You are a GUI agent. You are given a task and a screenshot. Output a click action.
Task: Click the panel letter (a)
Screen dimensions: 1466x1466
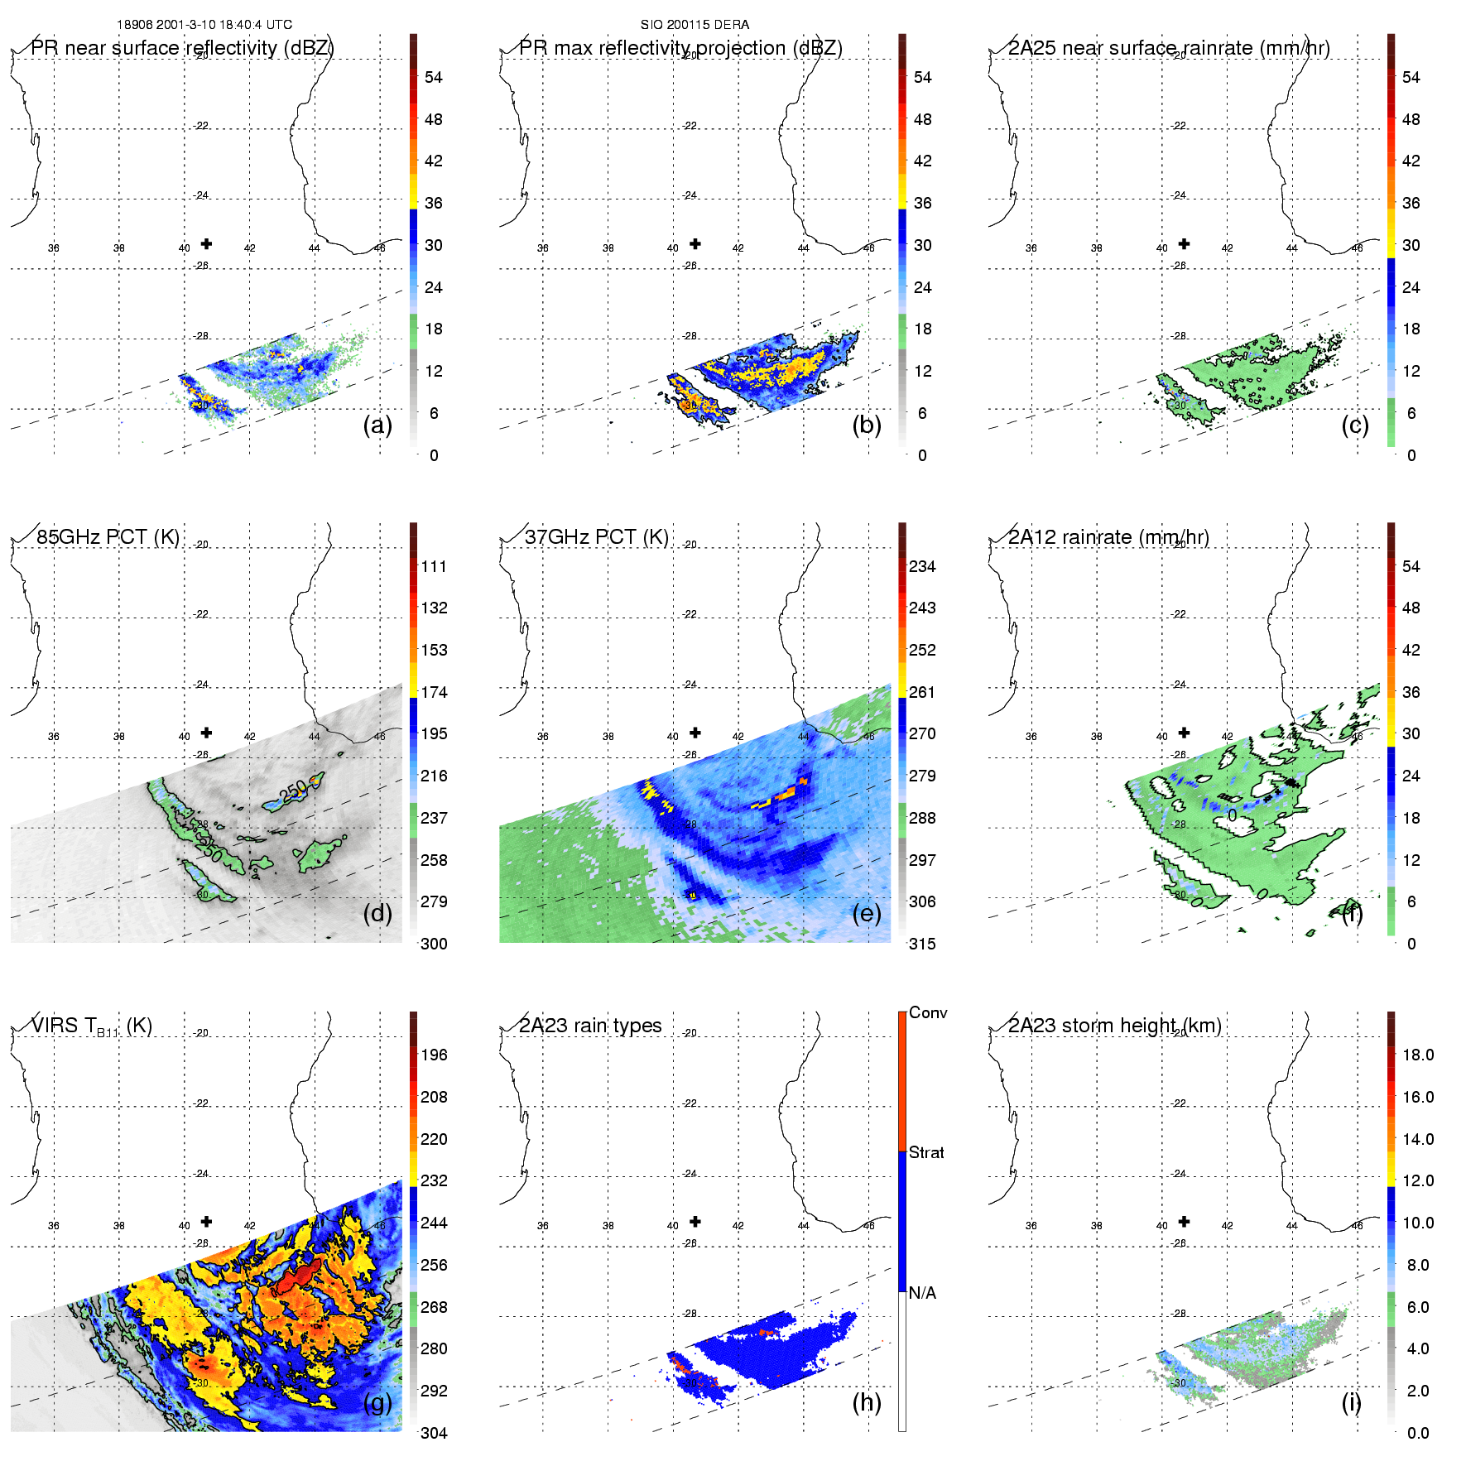click(377, 425)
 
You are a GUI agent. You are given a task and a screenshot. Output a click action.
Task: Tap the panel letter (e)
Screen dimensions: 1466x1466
click(867, 914)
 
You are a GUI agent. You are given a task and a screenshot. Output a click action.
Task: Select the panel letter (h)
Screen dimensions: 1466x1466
click(867, 1402)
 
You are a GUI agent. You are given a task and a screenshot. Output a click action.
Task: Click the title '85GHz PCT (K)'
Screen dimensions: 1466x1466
click(108, 536)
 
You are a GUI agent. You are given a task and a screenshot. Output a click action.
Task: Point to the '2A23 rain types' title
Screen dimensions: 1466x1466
click(590, 1026)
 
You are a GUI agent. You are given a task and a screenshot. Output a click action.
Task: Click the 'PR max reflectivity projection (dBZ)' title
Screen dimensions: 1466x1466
click(680, 48)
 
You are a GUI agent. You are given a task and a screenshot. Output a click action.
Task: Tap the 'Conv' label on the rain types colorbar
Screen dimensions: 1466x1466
click(928, 1012)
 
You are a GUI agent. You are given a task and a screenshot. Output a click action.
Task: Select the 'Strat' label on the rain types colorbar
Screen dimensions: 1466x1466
click(926, 1152)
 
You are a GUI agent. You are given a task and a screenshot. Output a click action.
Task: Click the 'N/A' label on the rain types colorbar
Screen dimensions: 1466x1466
click(922, 1293)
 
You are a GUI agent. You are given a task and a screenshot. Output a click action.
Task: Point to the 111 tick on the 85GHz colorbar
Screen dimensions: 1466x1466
click(434, 566)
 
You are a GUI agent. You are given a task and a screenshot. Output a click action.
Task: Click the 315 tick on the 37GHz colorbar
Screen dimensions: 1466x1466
click(922, 944)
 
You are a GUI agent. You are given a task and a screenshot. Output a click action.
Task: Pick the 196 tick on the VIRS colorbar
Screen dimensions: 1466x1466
click(434, 1055)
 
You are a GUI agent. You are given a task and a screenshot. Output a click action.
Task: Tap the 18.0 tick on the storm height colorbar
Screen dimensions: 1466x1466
click(1417, 1055)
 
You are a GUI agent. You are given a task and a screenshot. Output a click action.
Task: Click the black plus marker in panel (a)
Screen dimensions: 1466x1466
click(206, 243)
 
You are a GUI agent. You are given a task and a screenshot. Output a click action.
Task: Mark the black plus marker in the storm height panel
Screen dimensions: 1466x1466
click(1184, 1221)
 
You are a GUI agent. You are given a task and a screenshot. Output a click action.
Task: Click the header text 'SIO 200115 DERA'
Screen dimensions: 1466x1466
click(695, 25)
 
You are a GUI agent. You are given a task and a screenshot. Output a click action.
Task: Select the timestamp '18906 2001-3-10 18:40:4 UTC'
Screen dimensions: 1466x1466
click(204, 25)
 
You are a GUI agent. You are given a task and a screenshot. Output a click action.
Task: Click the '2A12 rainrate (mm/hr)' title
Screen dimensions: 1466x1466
click(1108, 537)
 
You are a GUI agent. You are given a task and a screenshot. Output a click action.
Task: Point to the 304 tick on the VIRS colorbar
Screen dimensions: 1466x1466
click(434, 1433)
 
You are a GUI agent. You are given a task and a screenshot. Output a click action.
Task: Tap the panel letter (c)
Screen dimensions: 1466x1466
click(1355, 425)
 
